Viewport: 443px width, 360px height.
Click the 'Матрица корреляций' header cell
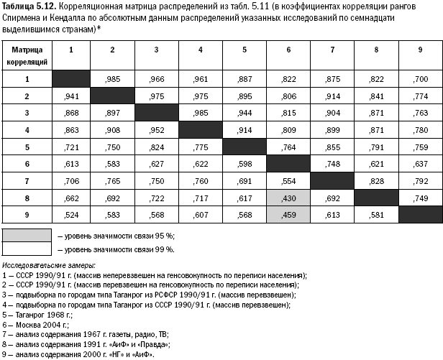coord(27,54)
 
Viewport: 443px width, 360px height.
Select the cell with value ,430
coord(288,197)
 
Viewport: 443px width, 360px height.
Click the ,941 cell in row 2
coord(70,96)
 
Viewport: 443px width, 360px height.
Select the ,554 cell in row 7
coord(288,180)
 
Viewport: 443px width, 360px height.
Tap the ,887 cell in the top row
coord(245,79)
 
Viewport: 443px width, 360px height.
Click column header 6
coord(288,50)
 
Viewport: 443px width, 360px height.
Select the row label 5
coord(27,147)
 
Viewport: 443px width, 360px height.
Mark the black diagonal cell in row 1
coord(70,79)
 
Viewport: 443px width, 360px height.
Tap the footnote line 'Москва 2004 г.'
coord(33,324)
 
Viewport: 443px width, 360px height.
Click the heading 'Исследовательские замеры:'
coord(44,266)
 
